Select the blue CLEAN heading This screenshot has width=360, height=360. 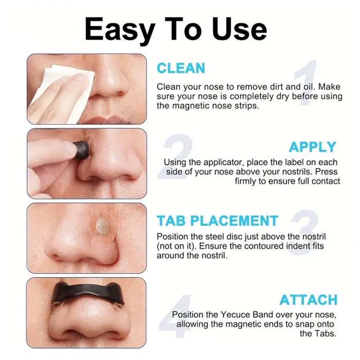(181, 68)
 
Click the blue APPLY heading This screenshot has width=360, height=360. (313, 147)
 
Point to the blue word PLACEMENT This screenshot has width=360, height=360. (235, 221)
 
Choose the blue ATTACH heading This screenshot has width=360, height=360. (309, 300)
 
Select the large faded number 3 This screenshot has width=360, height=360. (304, 232)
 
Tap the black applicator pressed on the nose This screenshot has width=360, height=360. (81, 150)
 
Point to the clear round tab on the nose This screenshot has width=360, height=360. (102, 227)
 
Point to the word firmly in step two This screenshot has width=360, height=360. (245, 182)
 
